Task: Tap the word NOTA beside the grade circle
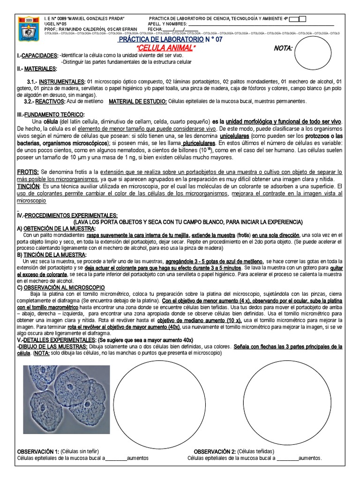283,48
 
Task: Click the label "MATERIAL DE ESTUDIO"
137,101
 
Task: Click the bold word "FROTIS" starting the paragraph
28,172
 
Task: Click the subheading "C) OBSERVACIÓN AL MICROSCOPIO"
61,287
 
